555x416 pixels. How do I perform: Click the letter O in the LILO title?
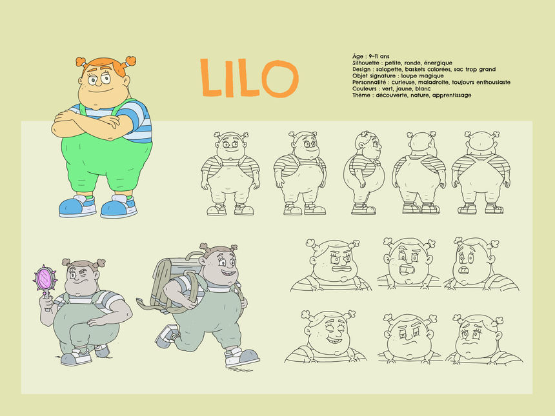(280, 79)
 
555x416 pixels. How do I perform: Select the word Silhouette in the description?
(366, 63)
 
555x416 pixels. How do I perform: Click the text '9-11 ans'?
(379, 56)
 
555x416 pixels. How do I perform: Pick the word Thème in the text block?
(361, 95)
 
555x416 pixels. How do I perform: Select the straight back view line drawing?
(481, 173)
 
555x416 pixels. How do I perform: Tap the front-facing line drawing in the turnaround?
(230, 173)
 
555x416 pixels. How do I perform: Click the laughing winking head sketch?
(326, 337)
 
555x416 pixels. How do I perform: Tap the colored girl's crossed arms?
(86, 124)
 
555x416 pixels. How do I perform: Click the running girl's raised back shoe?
(166, 336)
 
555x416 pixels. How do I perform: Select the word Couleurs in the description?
(365, 89)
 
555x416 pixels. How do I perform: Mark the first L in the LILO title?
(211, 78)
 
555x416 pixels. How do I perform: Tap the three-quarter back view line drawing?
(419, 173)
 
